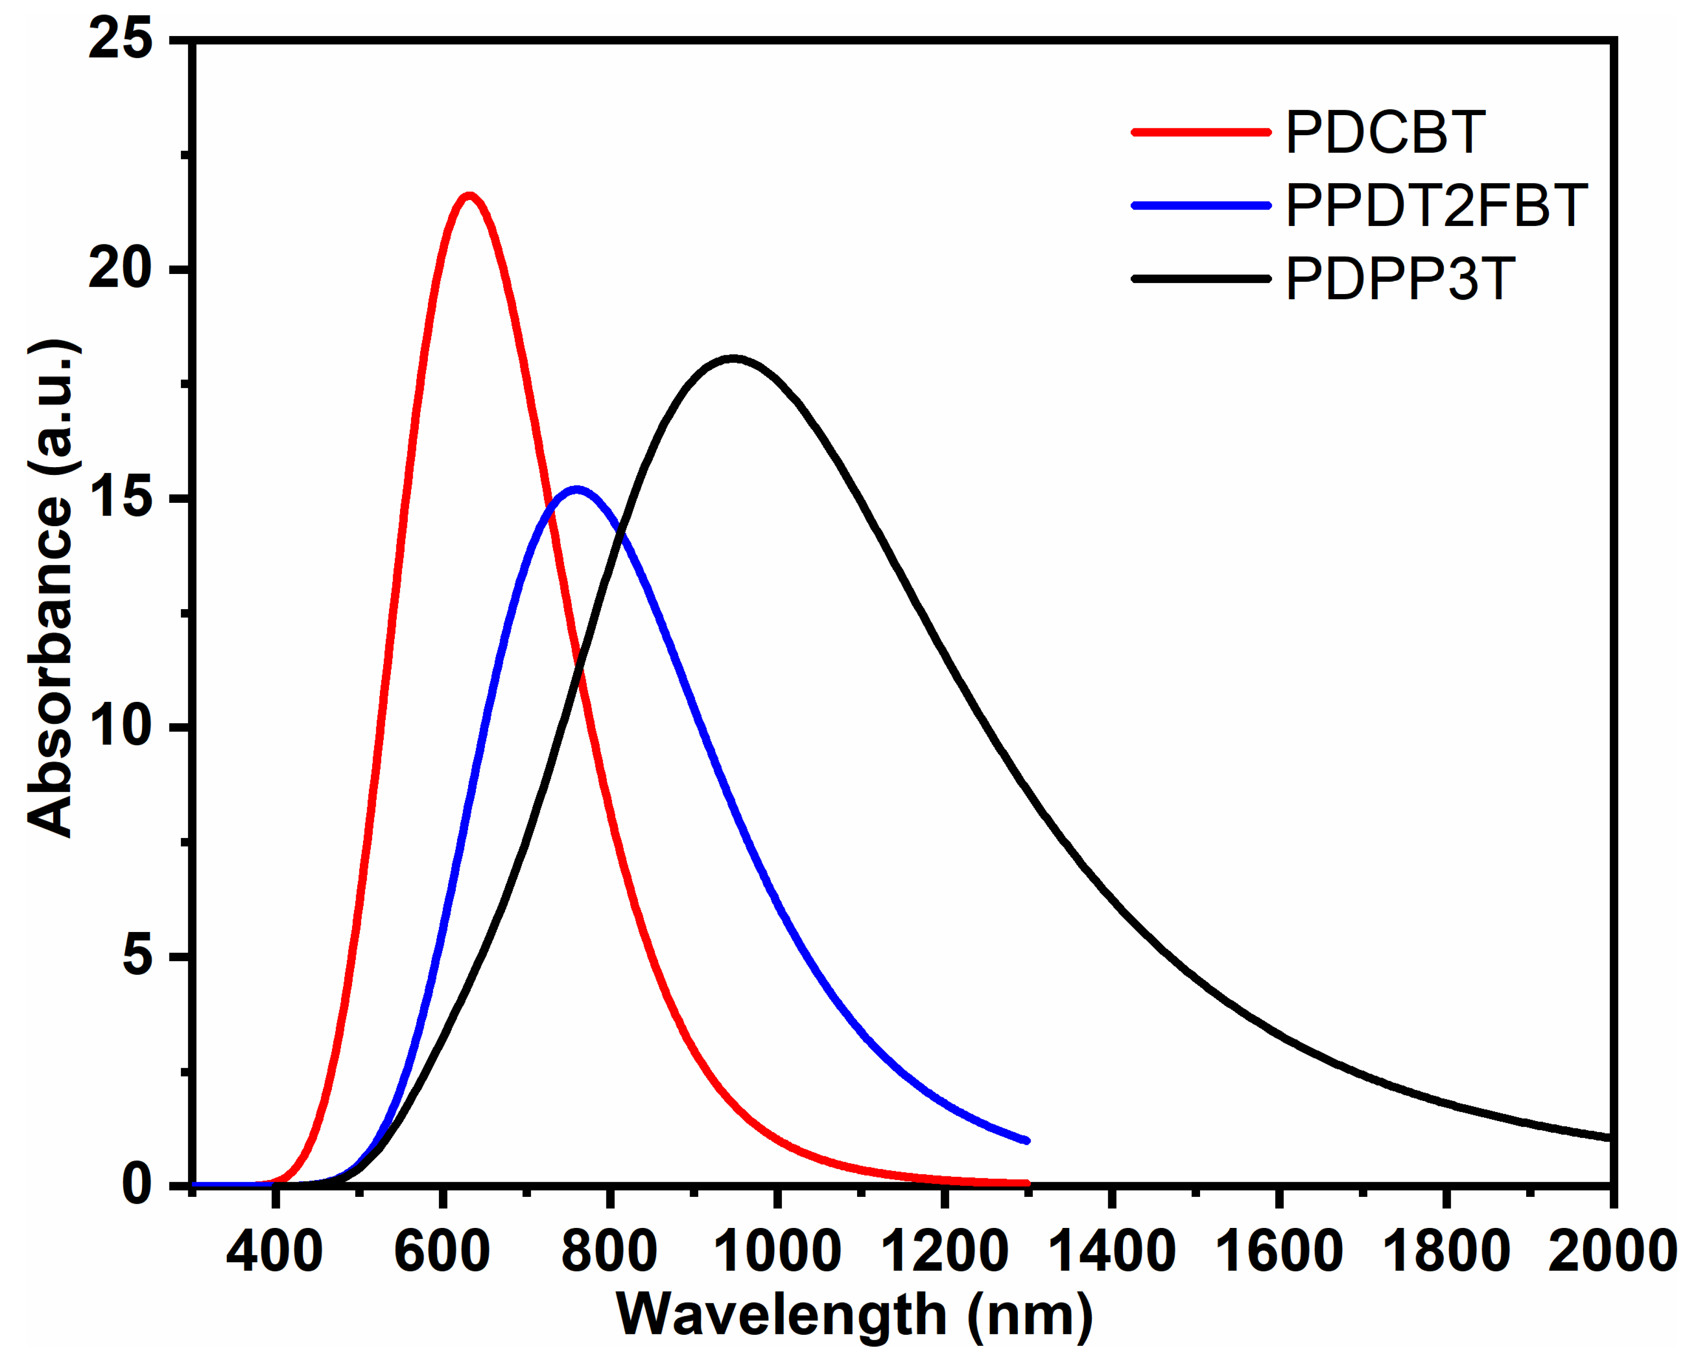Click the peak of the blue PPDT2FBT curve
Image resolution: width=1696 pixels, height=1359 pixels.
pos(577,490)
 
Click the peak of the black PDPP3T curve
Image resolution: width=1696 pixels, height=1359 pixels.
pos(733,358)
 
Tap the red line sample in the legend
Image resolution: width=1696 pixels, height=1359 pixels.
pos(1201,132)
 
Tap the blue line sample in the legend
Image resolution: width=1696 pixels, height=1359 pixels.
pos(1201,206)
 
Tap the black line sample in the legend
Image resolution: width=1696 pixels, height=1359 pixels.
pos(1201,279)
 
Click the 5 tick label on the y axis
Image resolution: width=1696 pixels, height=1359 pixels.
pos(137,957)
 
